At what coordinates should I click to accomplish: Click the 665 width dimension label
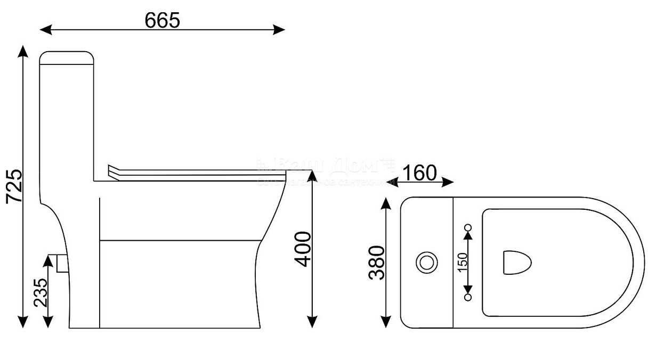(163, 20)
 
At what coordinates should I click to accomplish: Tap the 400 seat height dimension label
(302, 249)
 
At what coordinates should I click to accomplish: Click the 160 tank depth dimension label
(419, 173)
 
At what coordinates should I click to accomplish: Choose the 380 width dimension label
(377, 263)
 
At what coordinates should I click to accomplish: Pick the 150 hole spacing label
(462, 263)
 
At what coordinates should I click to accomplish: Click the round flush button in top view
(426, 263)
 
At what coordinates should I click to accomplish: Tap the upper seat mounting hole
(468, 228)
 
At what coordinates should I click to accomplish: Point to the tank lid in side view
(67, 58)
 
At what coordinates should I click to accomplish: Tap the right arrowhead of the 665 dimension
(280, 29)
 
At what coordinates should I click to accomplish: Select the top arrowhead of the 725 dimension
(22, 51)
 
